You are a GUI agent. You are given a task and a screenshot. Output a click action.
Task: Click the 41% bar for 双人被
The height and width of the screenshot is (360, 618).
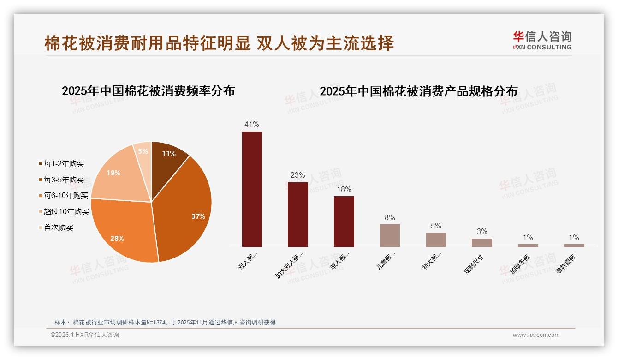(x=252, y=189)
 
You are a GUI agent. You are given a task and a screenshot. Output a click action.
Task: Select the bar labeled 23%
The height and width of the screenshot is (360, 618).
(x=297, y=215)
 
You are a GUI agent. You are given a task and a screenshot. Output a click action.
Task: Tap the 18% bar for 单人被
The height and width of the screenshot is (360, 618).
(x=344, y=222)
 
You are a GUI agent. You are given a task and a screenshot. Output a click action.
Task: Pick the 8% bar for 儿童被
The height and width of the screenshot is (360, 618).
(x=390, y=235)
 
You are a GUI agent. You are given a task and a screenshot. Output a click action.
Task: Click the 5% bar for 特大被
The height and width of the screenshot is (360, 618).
(x=436, y=240)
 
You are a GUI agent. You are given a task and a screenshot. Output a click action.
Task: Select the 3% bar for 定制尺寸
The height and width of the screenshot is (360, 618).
(x=481, y=242)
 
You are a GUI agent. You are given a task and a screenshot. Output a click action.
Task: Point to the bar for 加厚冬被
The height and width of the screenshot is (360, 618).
(x=528, y=245)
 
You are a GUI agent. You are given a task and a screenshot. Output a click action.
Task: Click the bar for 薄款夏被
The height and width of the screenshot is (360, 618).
(x=574, y=245)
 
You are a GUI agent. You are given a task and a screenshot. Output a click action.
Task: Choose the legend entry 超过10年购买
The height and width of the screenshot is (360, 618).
(x=66, y=212)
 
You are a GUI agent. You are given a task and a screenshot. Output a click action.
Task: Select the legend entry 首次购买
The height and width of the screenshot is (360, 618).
(x=58, y=228)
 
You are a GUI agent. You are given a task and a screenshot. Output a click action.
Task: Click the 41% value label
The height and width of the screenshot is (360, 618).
(x=252, y=124)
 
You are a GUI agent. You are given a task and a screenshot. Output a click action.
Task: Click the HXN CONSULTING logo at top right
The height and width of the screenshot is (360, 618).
(x=542, y=40)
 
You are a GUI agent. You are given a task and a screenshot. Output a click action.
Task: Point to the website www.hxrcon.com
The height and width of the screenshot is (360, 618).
(x=535, y=335)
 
